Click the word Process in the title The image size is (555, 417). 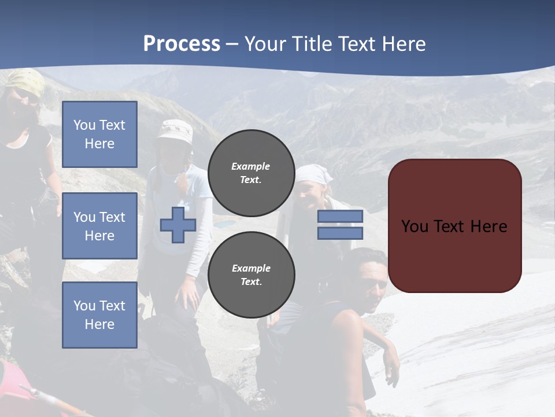tap(182, 44)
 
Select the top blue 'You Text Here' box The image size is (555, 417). tap(99, 134)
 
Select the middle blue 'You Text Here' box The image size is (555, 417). tap(99, 226)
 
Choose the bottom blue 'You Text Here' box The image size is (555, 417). tap(99, 315)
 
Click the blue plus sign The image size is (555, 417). tap(178, 225)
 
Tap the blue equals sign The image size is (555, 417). tap(340, 225)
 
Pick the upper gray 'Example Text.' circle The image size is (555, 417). tap(251, 173)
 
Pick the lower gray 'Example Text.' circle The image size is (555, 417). tap(251, 275)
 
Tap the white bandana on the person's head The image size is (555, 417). tap(314, 173)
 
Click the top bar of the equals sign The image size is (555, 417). tap(340, 217)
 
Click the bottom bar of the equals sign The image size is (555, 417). tap(340, 233)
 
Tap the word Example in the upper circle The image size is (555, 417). tap(251, 166)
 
